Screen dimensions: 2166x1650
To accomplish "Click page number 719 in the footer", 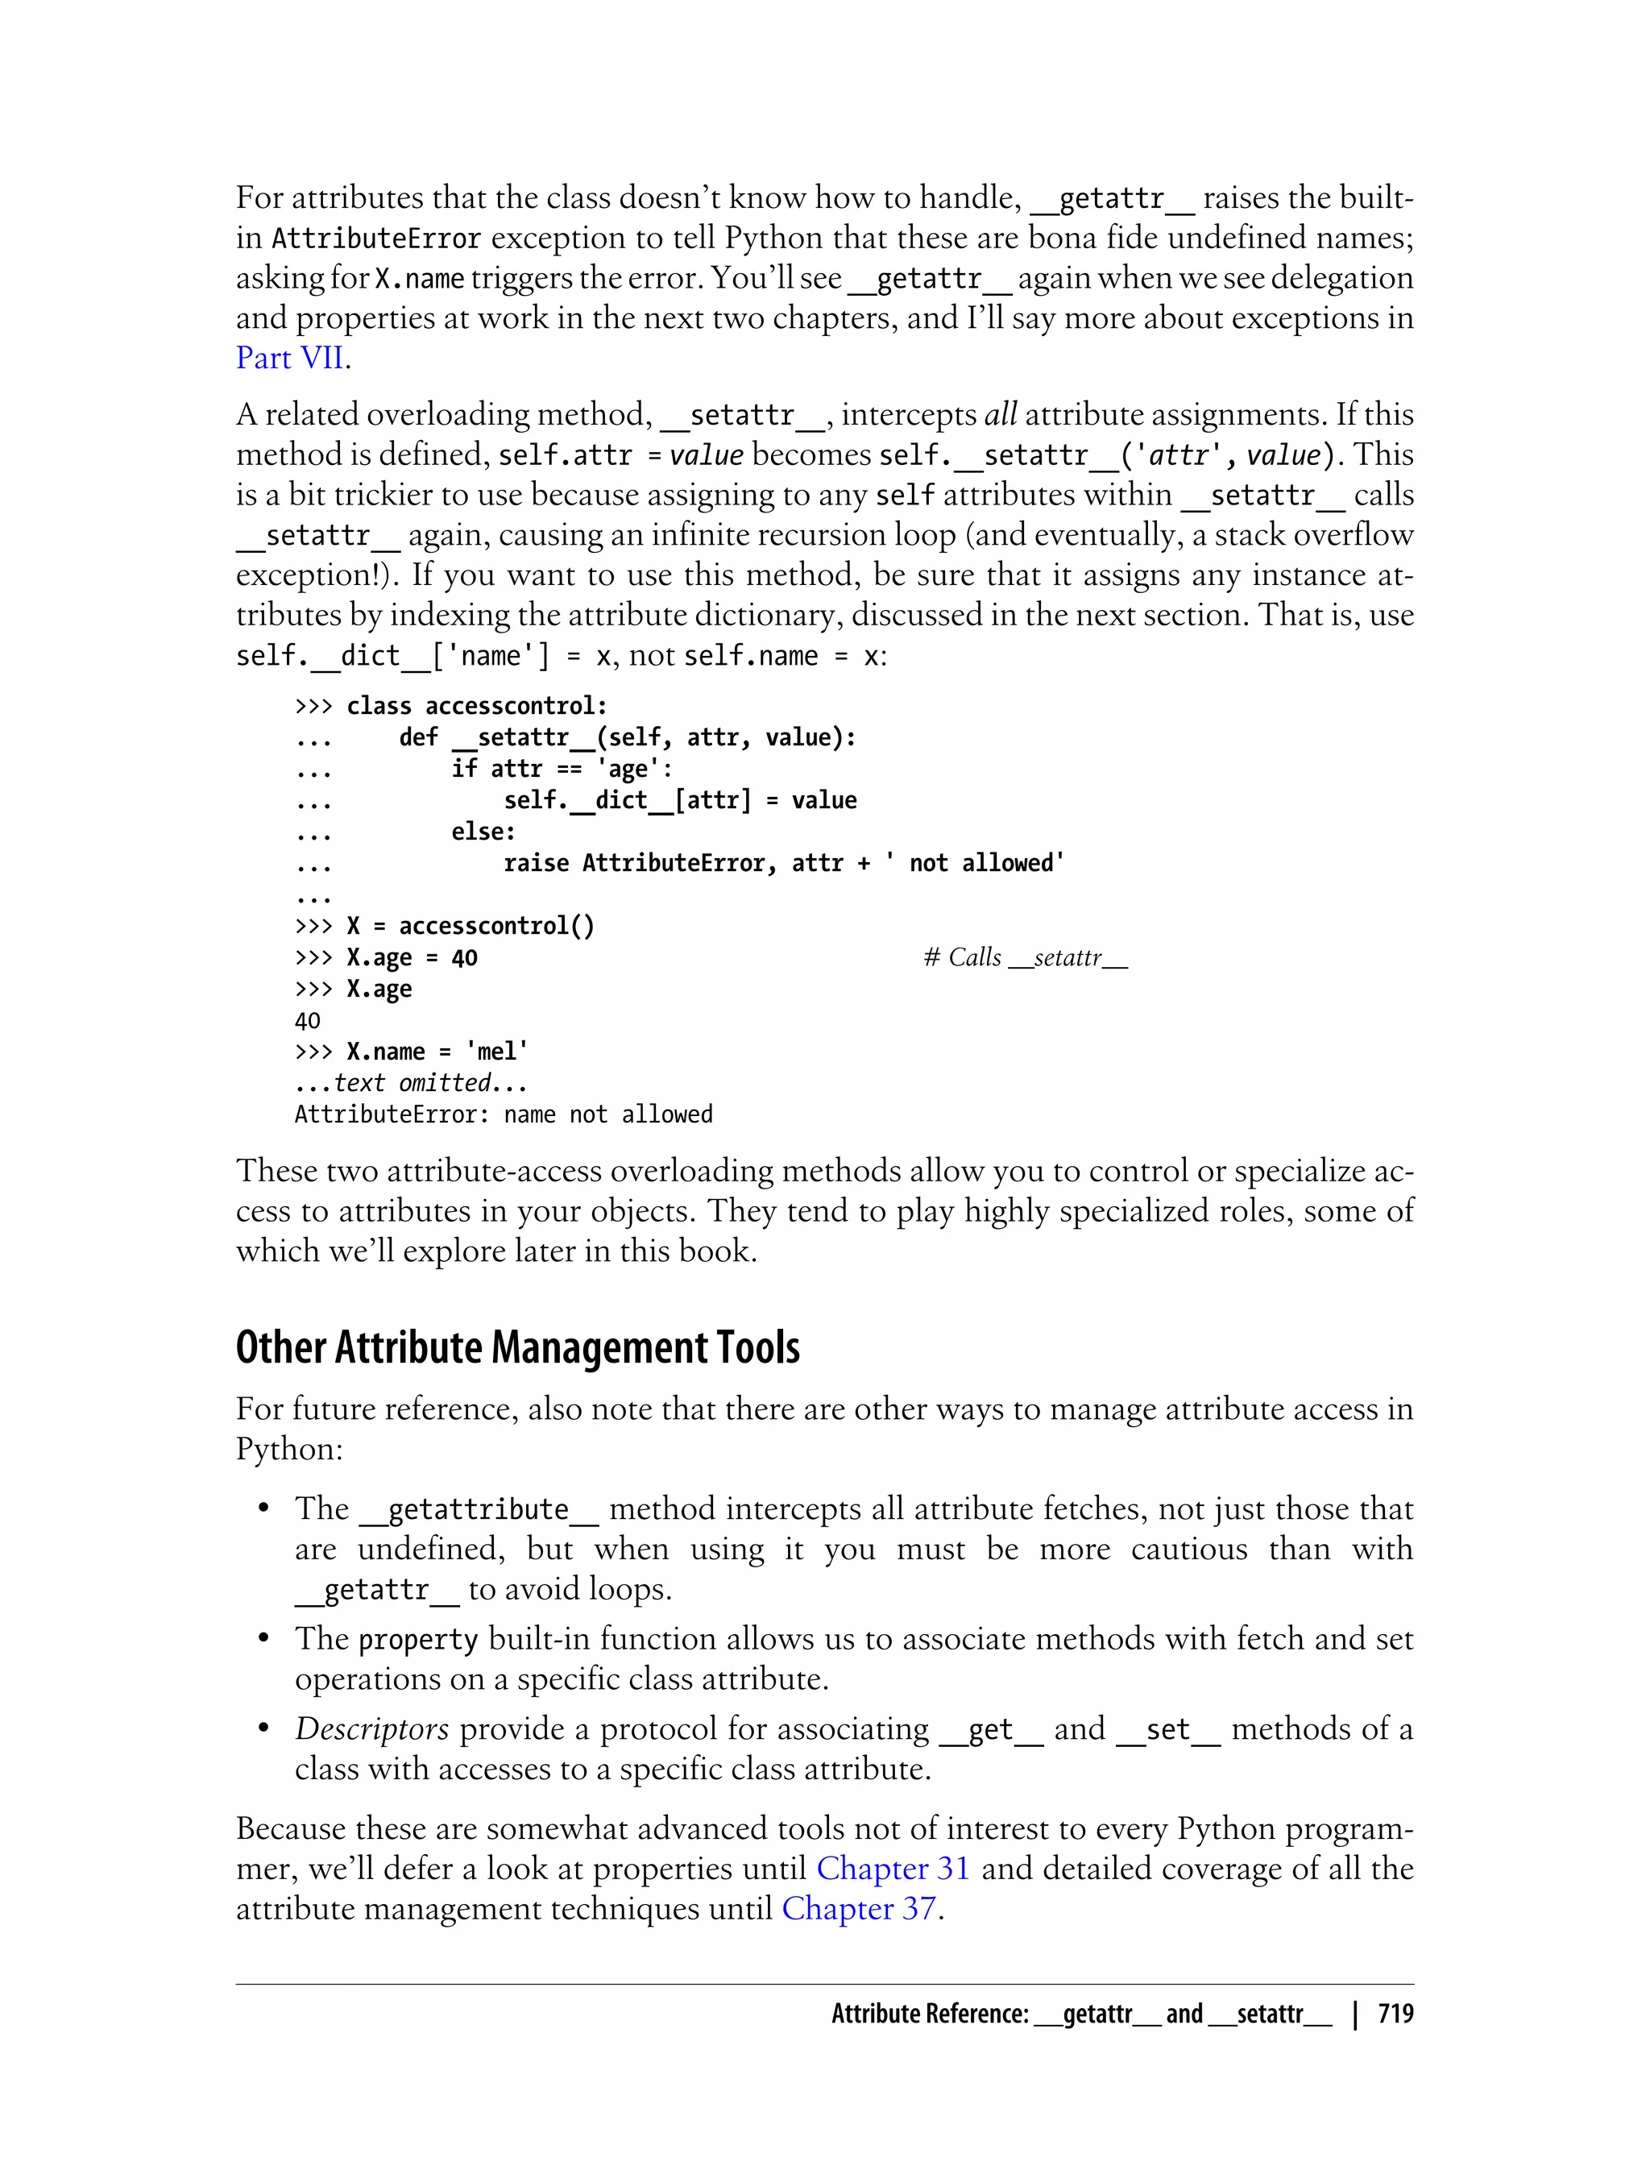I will coord(1395,2014).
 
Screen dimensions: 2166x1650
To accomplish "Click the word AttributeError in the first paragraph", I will coord(376,239).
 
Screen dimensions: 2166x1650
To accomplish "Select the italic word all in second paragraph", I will coord(1000,414).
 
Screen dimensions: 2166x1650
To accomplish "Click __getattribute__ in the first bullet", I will coord(479,1508).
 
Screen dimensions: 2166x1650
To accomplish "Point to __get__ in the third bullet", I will coord(990,1729).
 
